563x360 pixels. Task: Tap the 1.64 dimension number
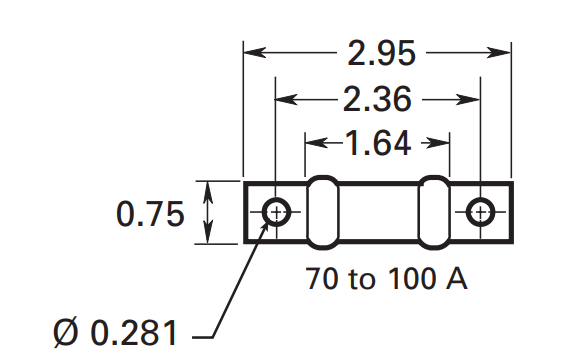377,143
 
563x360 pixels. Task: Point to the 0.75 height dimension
150,214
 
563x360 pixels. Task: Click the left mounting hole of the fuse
276,212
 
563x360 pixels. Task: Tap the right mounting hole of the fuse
481,212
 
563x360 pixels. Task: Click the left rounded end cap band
321,212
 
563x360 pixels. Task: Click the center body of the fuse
378,212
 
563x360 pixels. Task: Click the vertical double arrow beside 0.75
208,212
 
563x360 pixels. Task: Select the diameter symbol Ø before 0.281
61,332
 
